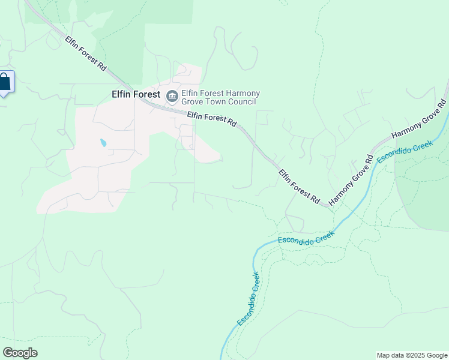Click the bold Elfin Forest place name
[x=136, y=94]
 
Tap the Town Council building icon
[x=172, y=95]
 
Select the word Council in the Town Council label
[x=249, y=103]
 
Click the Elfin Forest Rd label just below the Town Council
[x=211, y=118]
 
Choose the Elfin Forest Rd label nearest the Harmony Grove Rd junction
[x=298, y=185]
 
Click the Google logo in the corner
[x=20, y=353]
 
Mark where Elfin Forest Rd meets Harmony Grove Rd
[x=329, y=206]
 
